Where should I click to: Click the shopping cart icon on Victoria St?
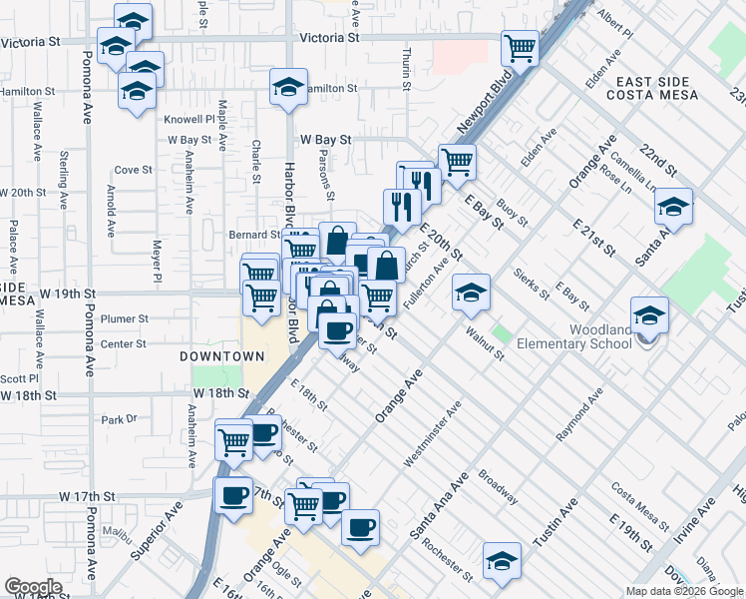(521, 46)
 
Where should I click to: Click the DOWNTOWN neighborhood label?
(222, 356)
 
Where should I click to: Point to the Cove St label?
(133, 170)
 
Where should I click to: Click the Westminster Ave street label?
(434, 435)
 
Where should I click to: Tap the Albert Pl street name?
(615, 23)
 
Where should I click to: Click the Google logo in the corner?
(33, 587)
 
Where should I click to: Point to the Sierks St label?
(532, 284)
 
